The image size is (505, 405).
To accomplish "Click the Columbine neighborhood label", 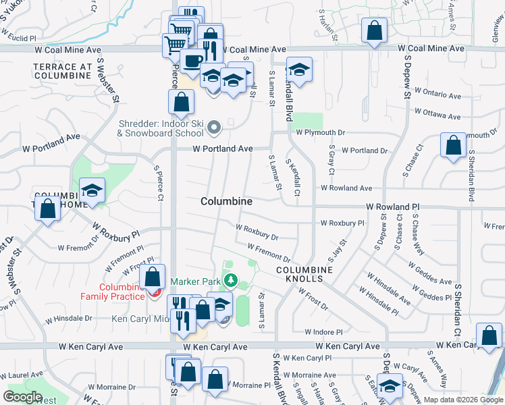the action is tap(227, 201).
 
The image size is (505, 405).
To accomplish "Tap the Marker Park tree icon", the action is tap(231, 279).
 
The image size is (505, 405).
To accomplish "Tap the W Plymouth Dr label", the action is tap(321, 133).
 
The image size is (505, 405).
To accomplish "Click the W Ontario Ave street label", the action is tap(440, 90).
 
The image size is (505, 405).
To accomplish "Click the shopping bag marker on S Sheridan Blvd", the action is tap(453, 145).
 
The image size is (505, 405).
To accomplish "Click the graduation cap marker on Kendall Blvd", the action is tap(299, 70).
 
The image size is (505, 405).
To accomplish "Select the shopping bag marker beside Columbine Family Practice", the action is tap(153, 276).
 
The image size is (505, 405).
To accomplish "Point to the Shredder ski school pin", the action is tap(214, 126).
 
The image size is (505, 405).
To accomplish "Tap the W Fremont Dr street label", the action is tap(269, 255).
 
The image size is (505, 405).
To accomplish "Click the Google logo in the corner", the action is tap(23, 397).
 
